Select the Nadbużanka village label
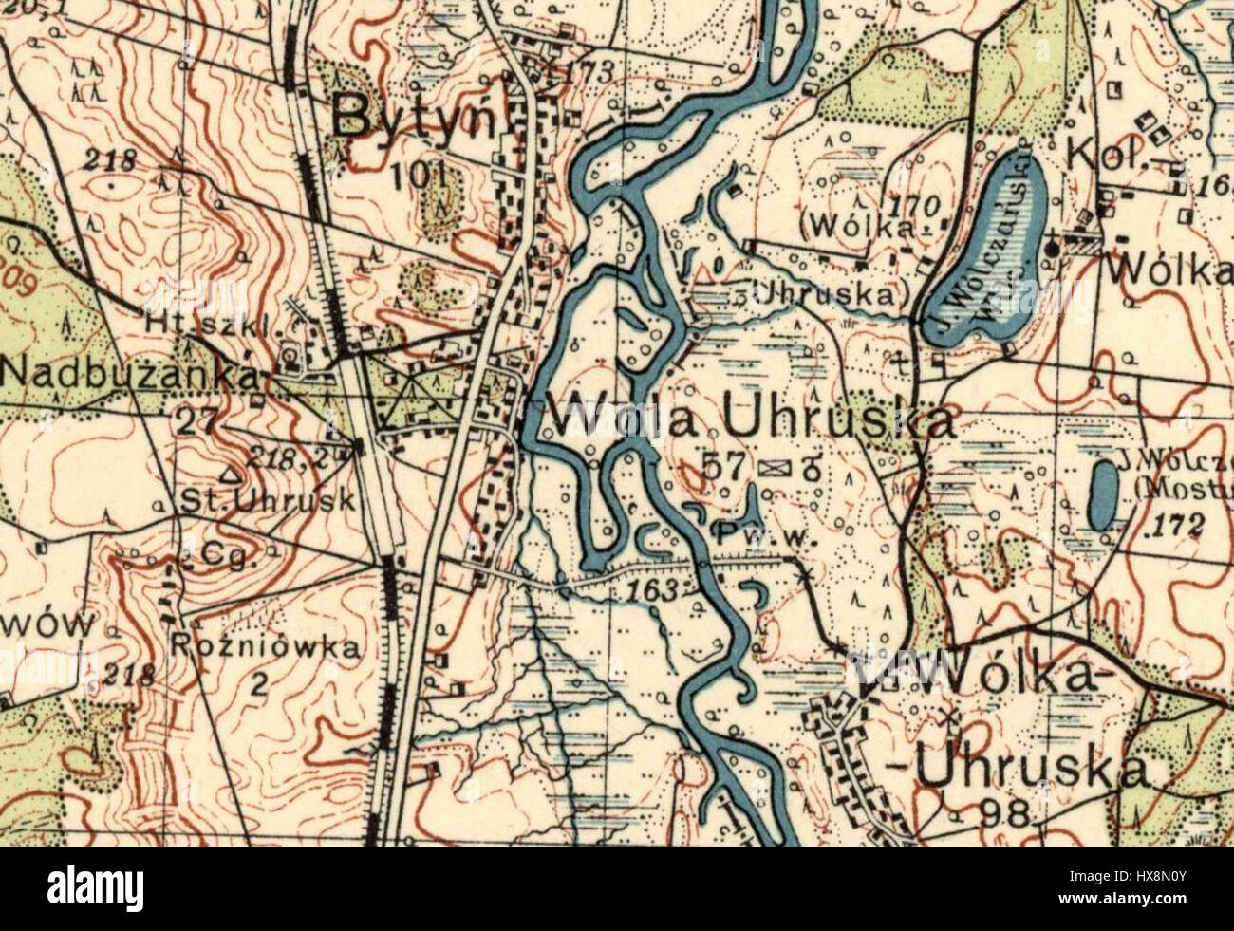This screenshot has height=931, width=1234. tap(131, 374)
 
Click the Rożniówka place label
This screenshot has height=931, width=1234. tap(266, 648)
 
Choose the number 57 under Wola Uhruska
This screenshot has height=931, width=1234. tap(723, 465)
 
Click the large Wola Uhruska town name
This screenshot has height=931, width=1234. tap(750, 419)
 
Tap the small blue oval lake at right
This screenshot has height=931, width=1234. tap(1102, 494)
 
